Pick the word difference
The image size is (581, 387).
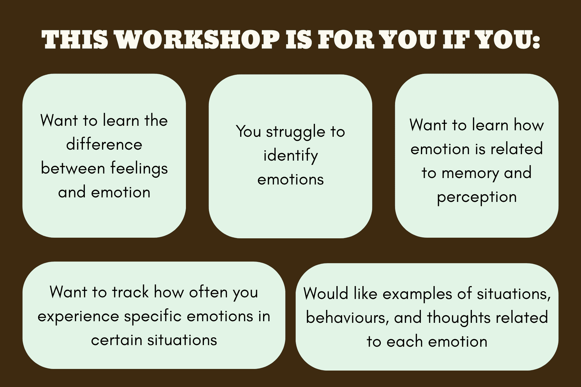(104, 144)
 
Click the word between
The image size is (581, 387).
(73, 168)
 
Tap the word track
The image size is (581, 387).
(130, 292)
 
